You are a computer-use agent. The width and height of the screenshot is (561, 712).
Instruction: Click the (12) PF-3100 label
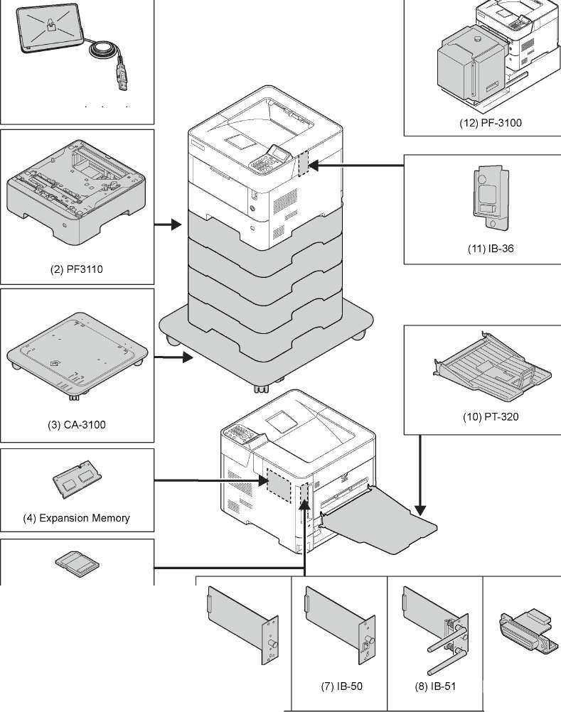[x=490, y=123]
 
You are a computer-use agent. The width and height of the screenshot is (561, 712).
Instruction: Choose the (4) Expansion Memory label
[x=77, y=518]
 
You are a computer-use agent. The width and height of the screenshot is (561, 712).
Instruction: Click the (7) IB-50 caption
[x=338, y=687]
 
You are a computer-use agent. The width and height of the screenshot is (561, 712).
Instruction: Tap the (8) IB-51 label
[x=434, y=687]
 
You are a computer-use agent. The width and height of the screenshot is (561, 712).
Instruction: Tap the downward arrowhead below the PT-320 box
[x=420, y=509]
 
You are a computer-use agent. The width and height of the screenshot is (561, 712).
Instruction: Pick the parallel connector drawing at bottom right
[x=525, y=627]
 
